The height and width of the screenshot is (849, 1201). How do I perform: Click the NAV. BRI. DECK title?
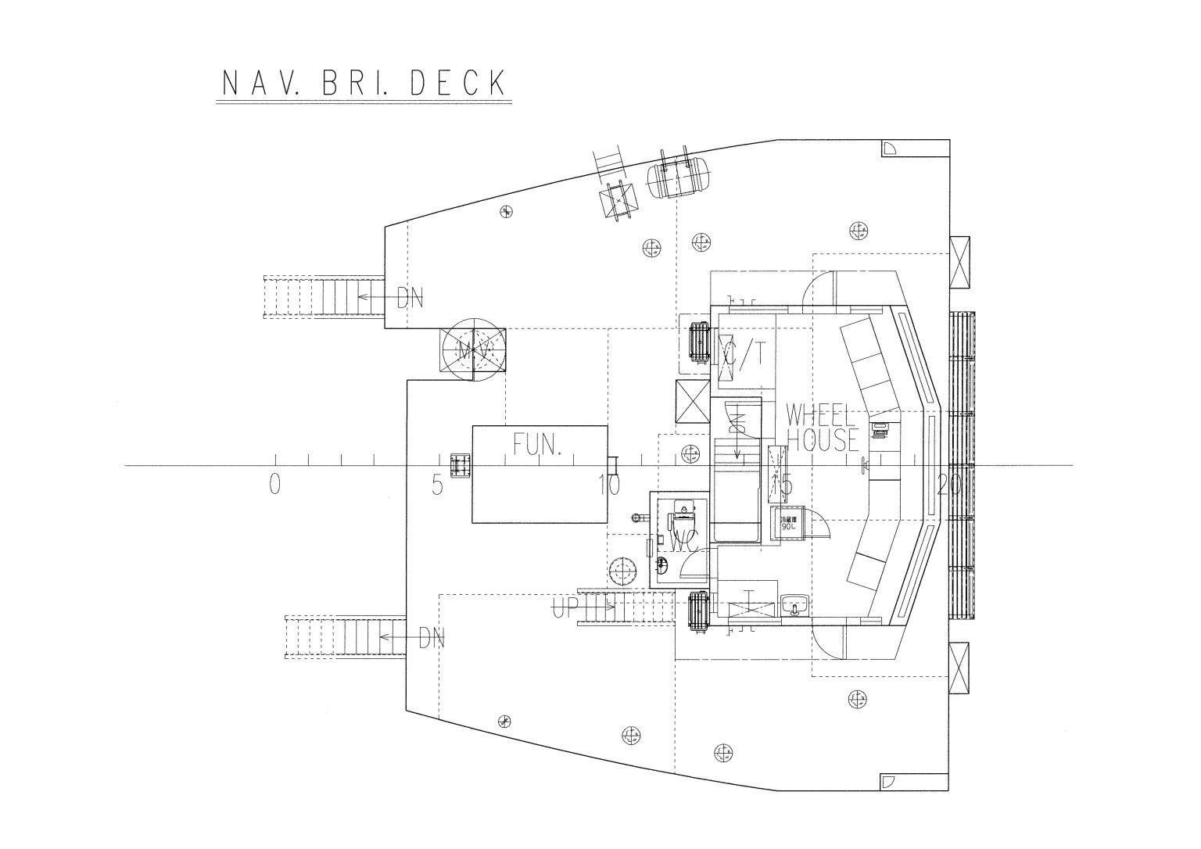363,84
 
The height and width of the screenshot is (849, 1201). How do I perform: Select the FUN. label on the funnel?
538,445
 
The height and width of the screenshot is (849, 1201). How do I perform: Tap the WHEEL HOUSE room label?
822,428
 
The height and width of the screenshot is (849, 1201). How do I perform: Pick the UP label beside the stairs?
565,607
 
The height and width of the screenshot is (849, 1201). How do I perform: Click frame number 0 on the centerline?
274,485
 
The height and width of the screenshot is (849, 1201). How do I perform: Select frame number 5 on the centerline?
437,485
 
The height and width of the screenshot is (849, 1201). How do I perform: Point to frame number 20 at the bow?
949,485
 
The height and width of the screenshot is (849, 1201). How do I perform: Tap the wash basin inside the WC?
663,564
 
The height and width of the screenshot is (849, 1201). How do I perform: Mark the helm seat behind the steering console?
879,429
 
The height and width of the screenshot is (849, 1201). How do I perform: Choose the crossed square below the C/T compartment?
691,403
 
